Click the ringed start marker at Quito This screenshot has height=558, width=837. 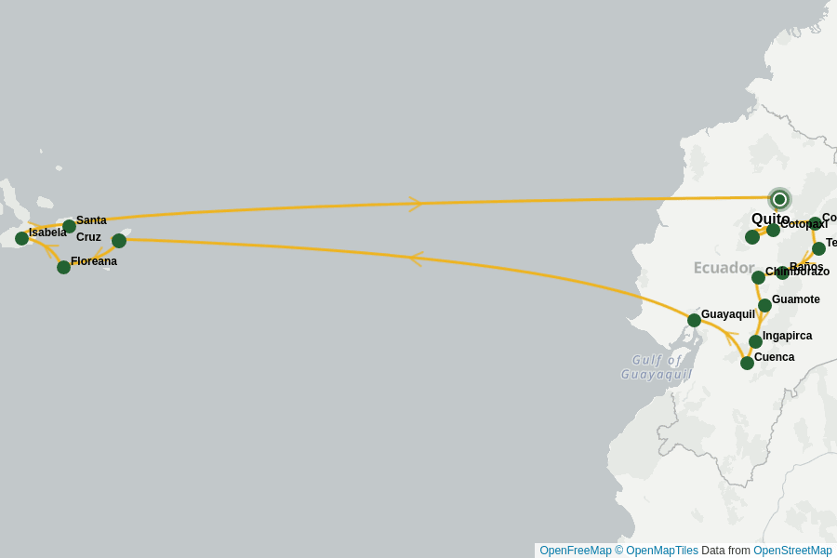(779, 199)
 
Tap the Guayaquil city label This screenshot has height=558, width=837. (727, 314)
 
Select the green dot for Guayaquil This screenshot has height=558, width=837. (694, 320)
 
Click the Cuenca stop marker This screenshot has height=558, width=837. (747, 363)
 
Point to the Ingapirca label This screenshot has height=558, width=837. (787, 336)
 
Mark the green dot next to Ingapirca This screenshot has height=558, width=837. (755, 341)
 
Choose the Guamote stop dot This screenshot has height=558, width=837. (764, 305)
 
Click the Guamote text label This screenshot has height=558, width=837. (795, 299)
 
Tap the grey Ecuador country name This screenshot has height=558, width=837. (724, 268)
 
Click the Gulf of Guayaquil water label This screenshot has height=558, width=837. (657, 366)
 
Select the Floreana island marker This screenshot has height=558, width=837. (63, 267)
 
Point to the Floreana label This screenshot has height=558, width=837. (94, 261)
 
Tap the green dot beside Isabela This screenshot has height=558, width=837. (21, 238)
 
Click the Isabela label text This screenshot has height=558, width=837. (47, 232)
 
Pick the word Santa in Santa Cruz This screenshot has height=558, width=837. (91, 220)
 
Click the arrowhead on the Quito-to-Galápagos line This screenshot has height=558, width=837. (417, 203)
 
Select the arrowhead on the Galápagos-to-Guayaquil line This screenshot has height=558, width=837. (415, 259)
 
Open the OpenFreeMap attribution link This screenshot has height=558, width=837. (576, 551)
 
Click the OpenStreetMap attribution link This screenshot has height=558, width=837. (792, 551)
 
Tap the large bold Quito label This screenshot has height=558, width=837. (770, 219)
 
